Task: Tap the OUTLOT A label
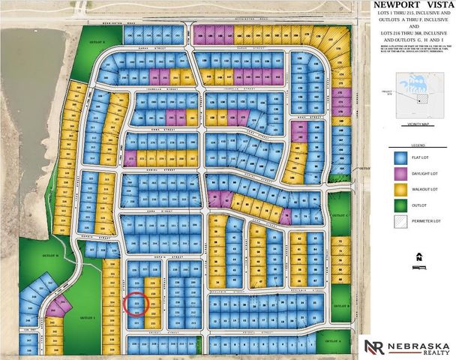coord(334,340)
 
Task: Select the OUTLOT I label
coord(88,317)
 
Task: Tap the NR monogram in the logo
coord(373,346)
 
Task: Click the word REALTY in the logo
coord(429,352)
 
